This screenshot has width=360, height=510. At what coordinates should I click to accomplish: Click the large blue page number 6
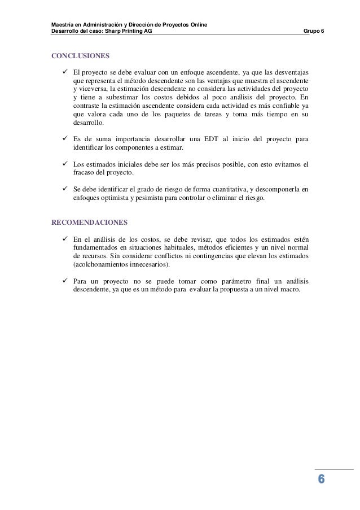[x=321, y=480]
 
